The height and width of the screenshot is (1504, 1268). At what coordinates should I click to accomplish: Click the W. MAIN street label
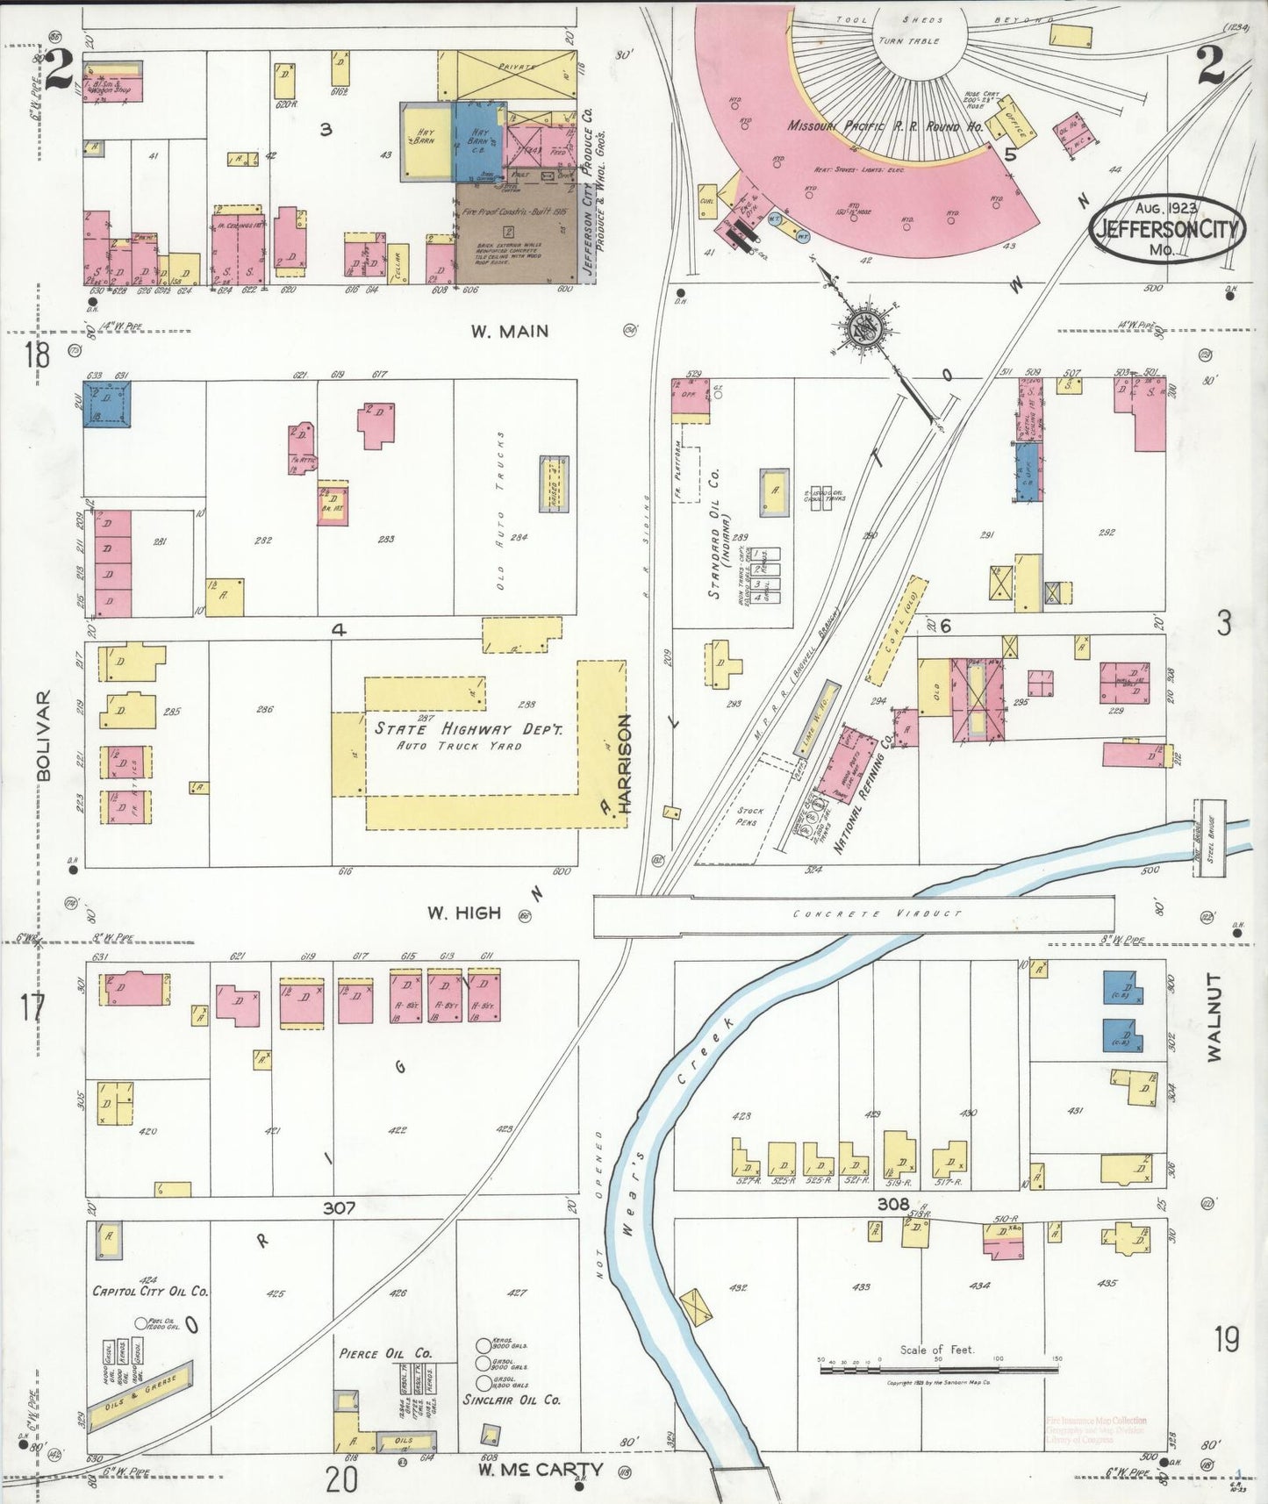[509, 332]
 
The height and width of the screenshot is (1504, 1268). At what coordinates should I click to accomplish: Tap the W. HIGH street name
[463, 913]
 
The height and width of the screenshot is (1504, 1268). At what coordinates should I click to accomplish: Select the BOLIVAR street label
[44, 735]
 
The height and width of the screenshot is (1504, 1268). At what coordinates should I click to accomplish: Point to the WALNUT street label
[1214, 1017]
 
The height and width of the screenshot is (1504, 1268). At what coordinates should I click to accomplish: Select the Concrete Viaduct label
[878, 913]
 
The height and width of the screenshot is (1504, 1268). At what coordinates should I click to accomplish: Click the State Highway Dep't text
[469, 728]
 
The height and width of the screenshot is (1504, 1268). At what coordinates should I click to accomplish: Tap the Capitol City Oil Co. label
[151, 1291]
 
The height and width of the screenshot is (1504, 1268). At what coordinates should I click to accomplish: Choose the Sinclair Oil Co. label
[512, 1400]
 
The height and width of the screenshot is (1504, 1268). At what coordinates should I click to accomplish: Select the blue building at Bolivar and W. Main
[107, 404]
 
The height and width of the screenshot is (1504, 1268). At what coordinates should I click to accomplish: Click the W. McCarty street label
[540, 1469]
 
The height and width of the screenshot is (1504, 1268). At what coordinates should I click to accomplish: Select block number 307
[339, 1207]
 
